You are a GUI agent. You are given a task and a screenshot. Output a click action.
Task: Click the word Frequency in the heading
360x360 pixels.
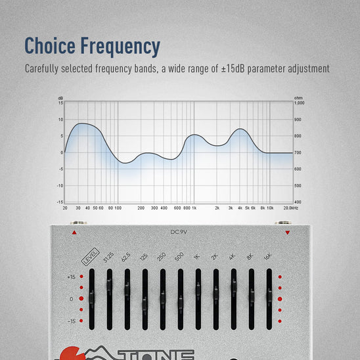click(x=120, y=46)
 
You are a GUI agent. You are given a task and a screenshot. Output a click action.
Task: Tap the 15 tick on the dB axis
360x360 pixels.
click(x=60, y=102)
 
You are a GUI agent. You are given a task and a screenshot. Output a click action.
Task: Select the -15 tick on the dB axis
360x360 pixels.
click(x=60, y=202)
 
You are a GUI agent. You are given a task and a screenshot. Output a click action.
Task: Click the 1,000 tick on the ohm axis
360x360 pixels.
click(x=299, y=102)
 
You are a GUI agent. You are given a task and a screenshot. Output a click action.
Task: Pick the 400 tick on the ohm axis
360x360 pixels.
click(x=298, y=202)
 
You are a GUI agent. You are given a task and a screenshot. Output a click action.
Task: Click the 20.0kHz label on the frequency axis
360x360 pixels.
click(x=291, y=208)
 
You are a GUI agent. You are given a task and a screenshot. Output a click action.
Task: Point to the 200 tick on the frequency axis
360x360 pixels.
click(x=141, y=208)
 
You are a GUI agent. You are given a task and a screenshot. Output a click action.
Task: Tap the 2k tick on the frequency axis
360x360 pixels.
click(x=217, y=208)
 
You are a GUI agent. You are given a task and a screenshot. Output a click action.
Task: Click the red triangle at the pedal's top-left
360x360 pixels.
click(x=74, y=233)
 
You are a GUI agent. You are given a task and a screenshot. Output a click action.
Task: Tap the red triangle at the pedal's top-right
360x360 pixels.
click(x=287, y=233)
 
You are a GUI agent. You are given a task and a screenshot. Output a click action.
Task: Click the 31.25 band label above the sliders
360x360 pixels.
click(x=109, y=261)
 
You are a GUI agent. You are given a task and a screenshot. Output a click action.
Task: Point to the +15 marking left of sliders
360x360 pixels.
click(x=71, y=277)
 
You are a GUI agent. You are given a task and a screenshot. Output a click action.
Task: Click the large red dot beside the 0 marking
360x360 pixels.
click(x=81, y=298)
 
